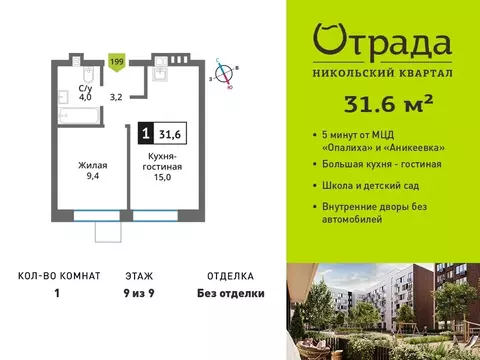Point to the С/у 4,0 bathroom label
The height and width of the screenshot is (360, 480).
[x=86, y=93]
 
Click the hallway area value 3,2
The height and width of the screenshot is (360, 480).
[x=116, y=97]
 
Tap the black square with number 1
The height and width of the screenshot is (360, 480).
[x=146, y=130]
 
